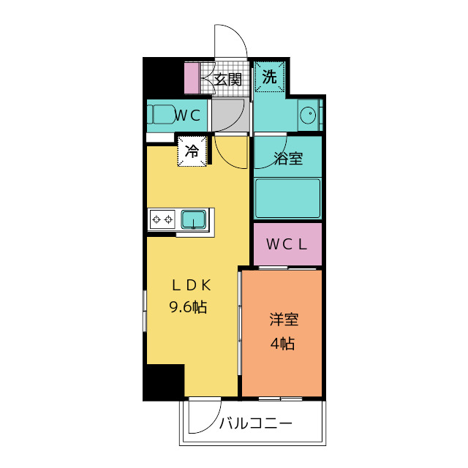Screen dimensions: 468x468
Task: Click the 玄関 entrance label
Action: coord(227,79)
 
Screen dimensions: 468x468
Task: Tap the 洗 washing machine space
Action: coord(270,78)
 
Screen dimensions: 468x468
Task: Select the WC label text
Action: coord(187,115)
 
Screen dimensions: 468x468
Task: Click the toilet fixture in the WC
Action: coord(160,116)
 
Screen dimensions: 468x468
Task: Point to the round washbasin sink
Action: coord(309,115)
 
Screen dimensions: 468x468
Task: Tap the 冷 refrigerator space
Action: coord(192,152)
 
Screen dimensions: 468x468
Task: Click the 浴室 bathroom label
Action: coord(287,159)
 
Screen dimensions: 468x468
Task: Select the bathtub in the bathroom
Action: coord(287,198)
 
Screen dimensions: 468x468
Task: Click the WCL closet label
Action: coord(287,244)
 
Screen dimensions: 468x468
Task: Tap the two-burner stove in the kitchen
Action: coord(162,219)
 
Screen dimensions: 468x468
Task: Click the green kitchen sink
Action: coord(194,218)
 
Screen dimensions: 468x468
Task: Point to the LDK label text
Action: coord(192,285)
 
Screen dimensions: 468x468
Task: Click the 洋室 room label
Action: coord(283,320)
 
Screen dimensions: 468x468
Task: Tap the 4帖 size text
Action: coord(282,342)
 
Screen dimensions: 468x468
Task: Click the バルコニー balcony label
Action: coord(256,423)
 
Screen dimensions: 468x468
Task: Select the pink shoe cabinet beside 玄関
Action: coord(191,78)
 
